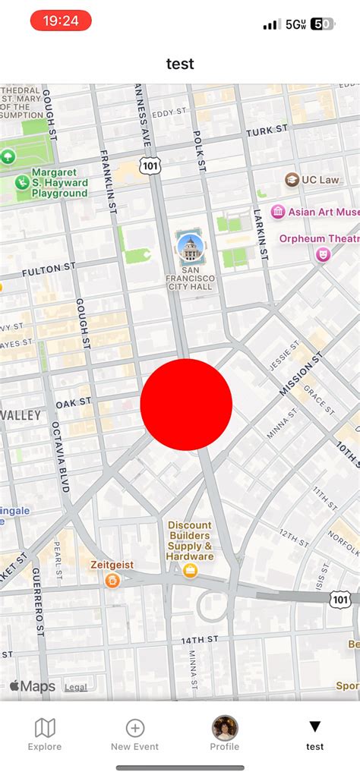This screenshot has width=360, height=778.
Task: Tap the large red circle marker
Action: click(186, 405)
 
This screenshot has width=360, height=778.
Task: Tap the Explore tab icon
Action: click(45, 729)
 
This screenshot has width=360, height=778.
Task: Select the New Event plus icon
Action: click(135, 729)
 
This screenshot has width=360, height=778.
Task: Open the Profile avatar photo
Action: click(225, 728)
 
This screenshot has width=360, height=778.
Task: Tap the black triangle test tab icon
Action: click(315, 727)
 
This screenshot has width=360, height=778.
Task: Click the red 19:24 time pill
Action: click(61, 21)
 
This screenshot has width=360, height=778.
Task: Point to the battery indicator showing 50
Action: click(322, 24)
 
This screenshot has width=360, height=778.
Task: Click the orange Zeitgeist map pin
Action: click(112, 581)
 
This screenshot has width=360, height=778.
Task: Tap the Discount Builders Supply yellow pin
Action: click(190, 570)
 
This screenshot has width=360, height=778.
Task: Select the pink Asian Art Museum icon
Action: click(278, 212)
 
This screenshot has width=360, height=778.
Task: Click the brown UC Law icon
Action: click(292, 180)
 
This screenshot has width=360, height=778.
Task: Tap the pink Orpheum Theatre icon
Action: click(323, 255)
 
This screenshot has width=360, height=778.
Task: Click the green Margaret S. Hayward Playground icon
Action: click(23, 183)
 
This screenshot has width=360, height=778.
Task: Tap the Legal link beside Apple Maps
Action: click(75, 687)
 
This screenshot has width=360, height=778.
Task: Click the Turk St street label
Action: click(267, 131)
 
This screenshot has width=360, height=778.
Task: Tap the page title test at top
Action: click(180, 64)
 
